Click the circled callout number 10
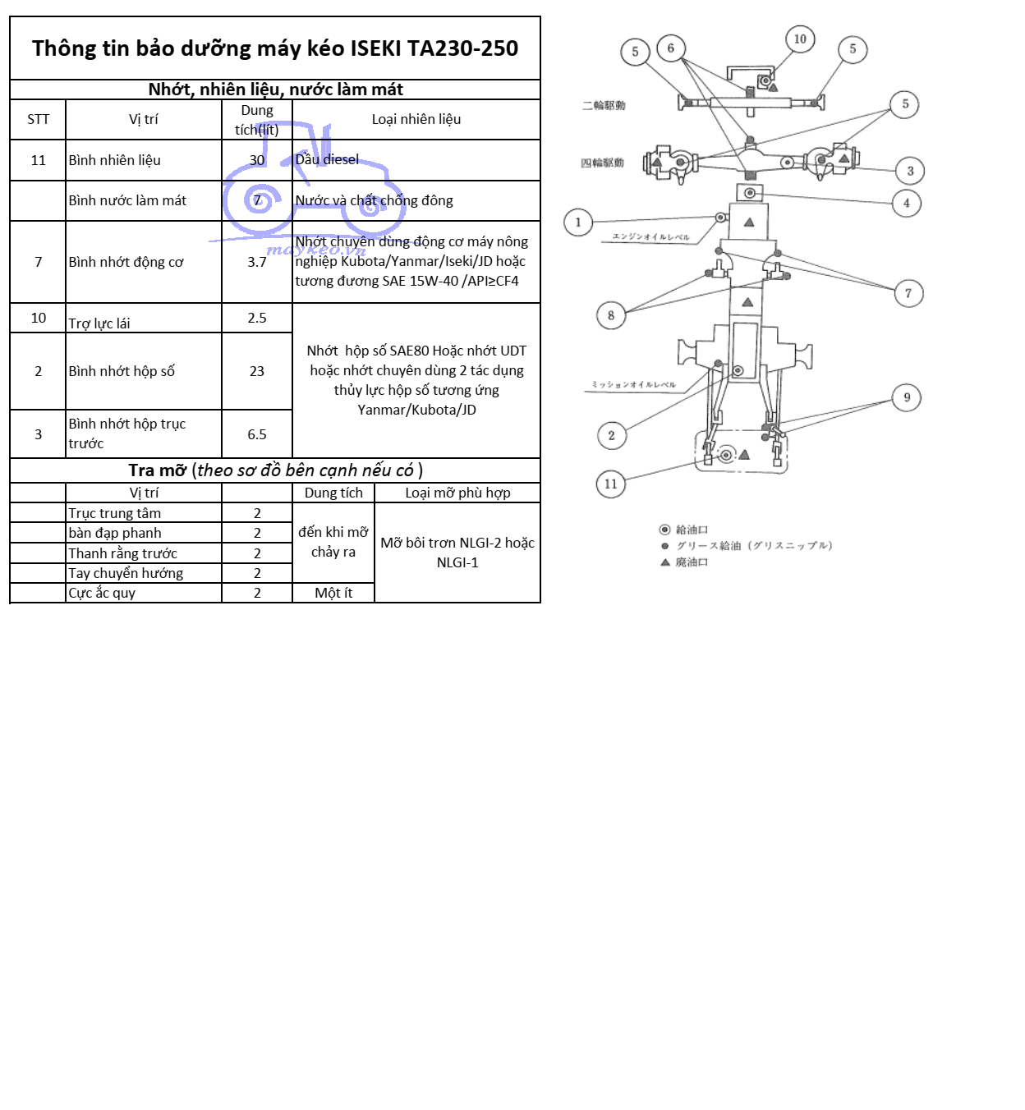click(x=800, y=39)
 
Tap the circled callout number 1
click(x=578, y=222)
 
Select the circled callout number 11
click(x=610, y=484)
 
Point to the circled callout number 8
click(x=610, y=314)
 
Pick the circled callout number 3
click(x=910, y=171)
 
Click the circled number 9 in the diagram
click(x=907, y=397)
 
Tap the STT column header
click(x=38, y=119)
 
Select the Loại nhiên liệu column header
click(x=416, y=119)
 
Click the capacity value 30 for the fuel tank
click(x=257, y=160)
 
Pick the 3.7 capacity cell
click(x=257, y=262)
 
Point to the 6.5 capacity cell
click(x=257, y=434)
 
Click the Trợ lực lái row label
click(x=99, y=323)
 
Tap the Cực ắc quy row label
click(x=102, y=593)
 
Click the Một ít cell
click(x=333, y=593)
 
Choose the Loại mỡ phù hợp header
click(x=457, y=493)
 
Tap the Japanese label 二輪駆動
click(x=604, y=105)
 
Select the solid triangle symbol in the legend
click(x=665, y=562)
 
